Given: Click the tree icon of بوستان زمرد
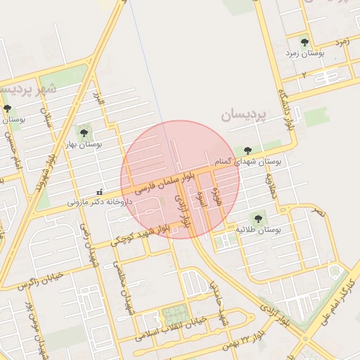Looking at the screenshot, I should click(304, 42).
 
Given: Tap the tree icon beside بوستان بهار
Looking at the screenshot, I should click(84, 131).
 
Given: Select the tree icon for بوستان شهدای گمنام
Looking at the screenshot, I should click(247, 150).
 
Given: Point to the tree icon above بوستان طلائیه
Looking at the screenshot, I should click(257, 219).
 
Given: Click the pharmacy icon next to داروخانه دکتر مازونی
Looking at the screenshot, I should click(99, 192).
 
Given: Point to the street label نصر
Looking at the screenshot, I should click(319, 211).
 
